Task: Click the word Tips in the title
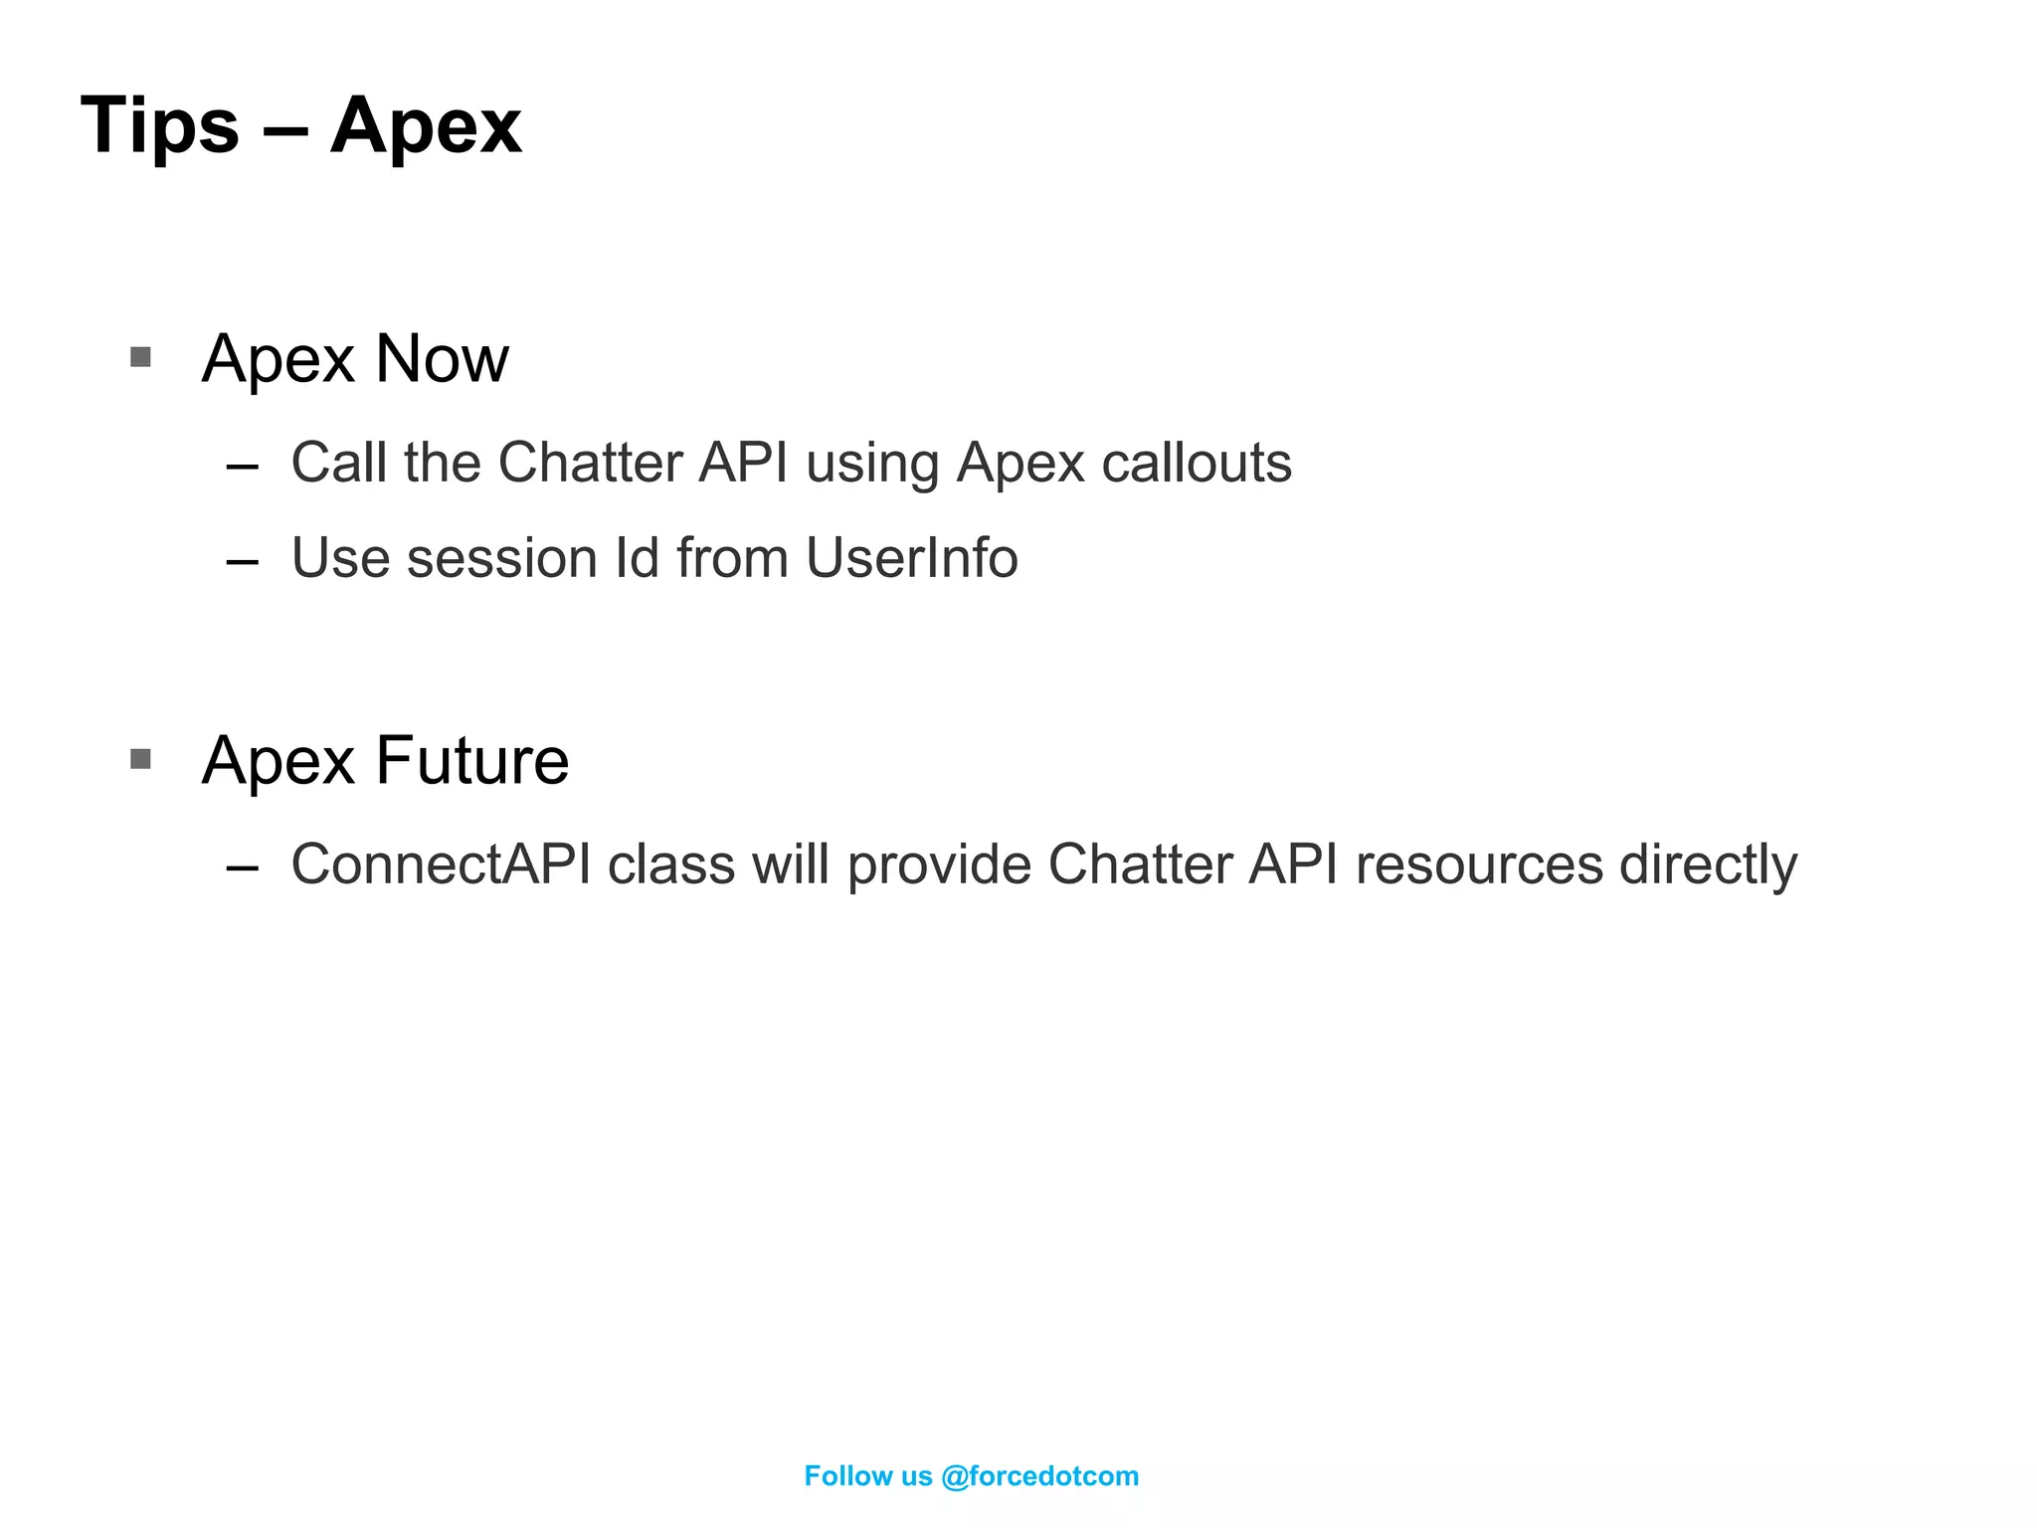[159, 126]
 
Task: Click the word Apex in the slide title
[426, 126]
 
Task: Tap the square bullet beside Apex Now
[140, 356]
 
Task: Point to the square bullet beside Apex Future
[140, 759]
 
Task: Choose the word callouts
[1197, 463]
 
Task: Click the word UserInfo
[911, 558]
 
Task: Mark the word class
[671, 863]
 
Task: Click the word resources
[1479, 863]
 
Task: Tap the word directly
[1708, 863]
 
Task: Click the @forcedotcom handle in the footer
[1038, 1476]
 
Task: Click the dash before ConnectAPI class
[243, 867]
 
